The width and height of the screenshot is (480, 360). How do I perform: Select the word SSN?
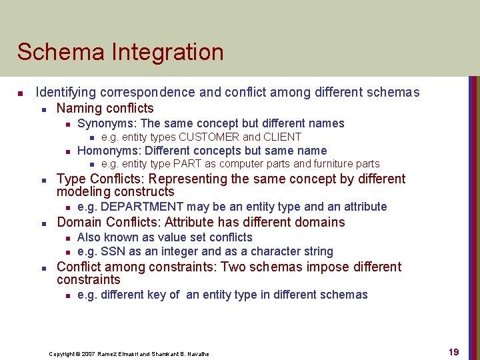(111, 251)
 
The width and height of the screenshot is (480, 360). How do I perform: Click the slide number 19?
(453, 352)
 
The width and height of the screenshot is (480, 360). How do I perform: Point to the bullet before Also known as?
(67, 238)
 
